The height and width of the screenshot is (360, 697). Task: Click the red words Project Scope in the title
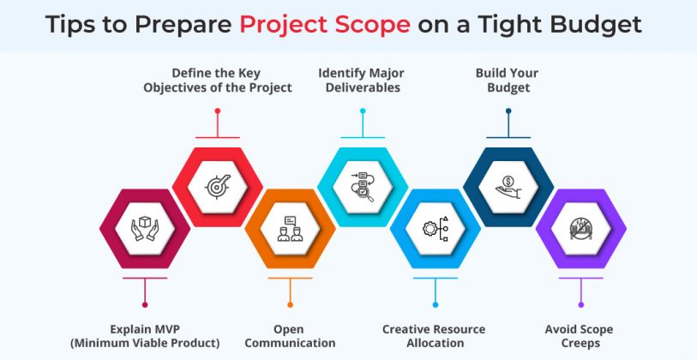coord(325,25)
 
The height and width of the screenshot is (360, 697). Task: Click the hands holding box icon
coord(145,229)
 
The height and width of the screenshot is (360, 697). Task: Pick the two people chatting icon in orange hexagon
coord(290,229)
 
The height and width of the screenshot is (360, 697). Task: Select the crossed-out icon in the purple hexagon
coord(580,229)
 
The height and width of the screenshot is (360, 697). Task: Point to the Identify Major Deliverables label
coord(362,80)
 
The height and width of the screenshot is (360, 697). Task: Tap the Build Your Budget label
coord(508,80)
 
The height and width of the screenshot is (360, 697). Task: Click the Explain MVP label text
coord(145,336)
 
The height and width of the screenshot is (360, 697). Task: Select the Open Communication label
coord(290,336)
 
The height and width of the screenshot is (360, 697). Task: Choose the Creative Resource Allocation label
coord(434,336)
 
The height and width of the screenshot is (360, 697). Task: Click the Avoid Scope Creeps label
coord(580,336)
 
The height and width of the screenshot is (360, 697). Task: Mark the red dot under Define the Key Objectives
coord(218,111)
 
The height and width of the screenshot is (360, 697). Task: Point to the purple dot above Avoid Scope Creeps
coord(580,303)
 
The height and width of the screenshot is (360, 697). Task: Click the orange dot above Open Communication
coord(290,303)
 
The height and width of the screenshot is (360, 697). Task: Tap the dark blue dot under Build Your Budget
coord(508,111)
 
